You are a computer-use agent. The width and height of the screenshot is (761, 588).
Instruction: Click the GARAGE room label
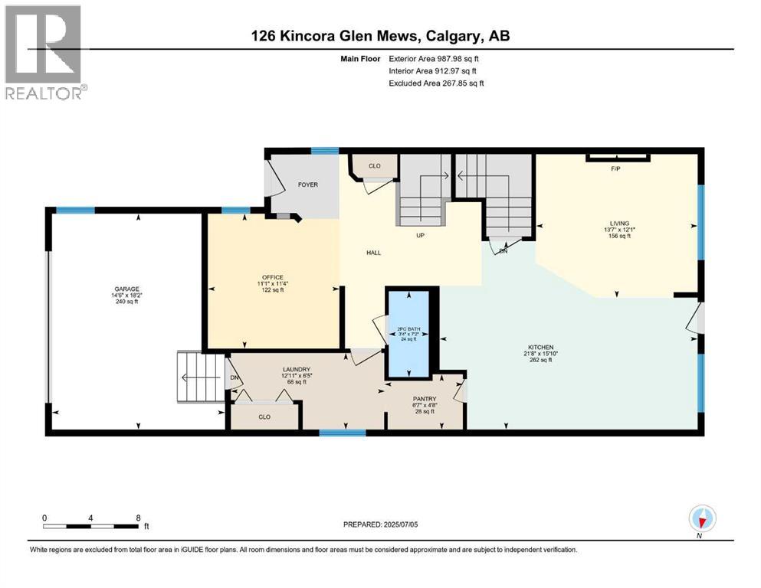point(127,289)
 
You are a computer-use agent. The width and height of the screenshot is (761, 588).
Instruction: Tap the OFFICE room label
point(273,277)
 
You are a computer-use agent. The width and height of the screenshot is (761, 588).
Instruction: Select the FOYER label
point(308,185)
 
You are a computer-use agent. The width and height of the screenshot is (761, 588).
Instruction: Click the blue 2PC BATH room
point(408,334)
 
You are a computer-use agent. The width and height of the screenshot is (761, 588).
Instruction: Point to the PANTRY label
point(424,399)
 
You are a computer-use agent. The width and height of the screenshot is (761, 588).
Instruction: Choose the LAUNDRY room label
point(294,370)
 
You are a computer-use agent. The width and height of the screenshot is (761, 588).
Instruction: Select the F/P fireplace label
point(615,168)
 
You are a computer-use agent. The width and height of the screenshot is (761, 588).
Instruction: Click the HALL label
point(373,253)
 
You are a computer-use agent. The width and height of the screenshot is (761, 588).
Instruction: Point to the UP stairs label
point(420,235)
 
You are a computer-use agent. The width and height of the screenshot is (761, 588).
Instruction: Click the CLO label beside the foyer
point(374,165)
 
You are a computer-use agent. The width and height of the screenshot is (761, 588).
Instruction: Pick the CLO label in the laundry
point(264,417)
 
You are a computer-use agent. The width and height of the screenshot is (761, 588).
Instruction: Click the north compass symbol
point(702,519)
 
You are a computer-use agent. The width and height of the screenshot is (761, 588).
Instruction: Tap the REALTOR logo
point(44,52)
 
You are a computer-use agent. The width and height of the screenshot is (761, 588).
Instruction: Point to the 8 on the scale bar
point(138,518)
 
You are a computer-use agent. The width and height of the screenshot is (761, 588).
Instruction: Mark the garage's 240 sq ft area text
point(127,302)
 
